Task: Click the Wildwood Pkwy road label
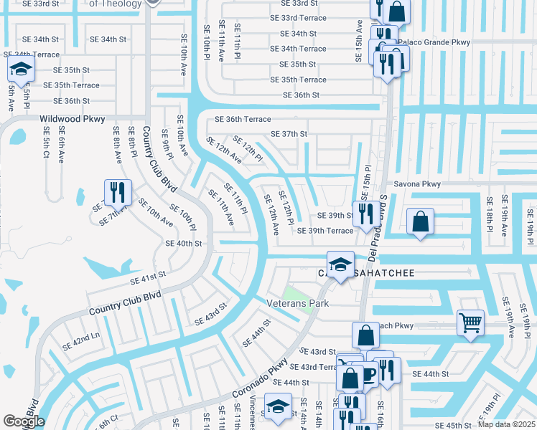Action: pos(73,119)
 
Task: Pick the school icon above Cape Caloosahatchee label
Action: pos(340,262)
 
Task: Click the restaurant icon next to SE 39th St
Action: pos(367,212)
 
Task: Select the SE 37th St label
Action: pos(289,134)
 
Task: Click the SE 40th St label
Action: pos(184,244)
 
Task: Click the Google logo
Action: pos(24,421)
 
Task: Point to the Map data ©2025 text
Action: pos(507,424)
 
